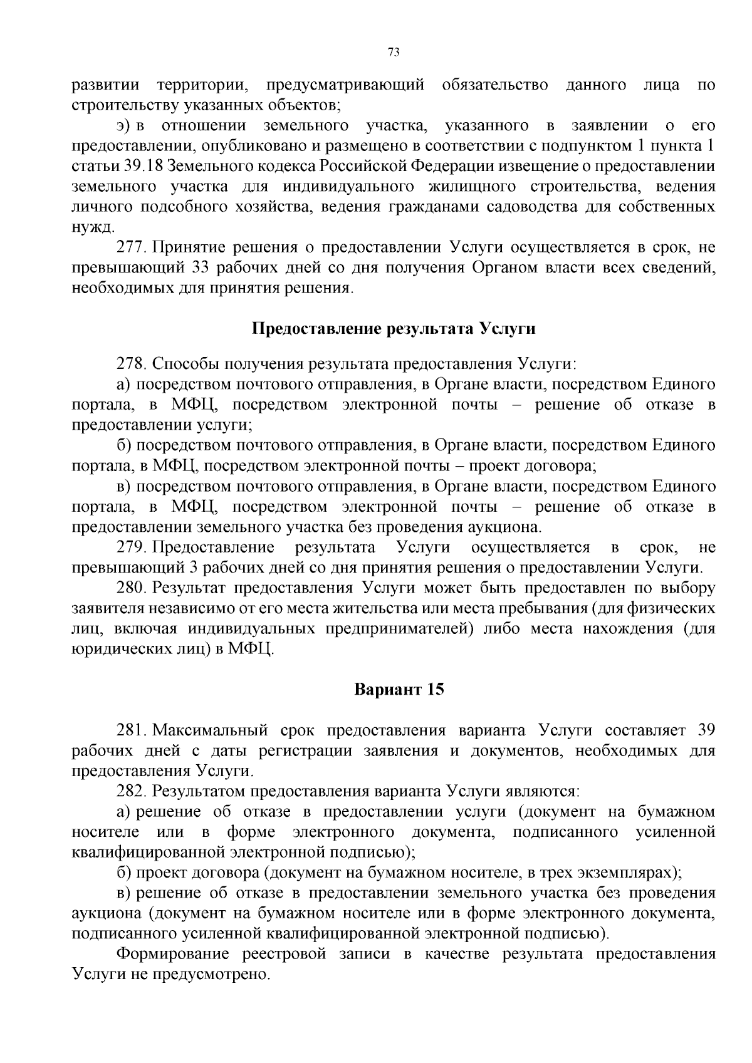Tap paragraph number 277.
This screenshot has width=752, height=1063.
coord(132,247)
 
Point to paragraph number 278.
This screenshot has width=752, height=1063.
coord(132,363)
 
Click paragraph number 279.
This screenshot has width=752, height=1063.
coord(132,547)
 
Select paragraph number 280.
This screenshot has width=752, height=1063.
coord(132,588)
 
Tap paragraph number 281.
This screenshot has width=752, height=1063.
coord(132,730)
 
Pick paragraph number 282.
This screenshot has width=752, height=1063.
coord(132,792)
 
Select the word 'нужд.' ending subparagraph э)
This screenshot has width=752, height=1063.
coord(93,227)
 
